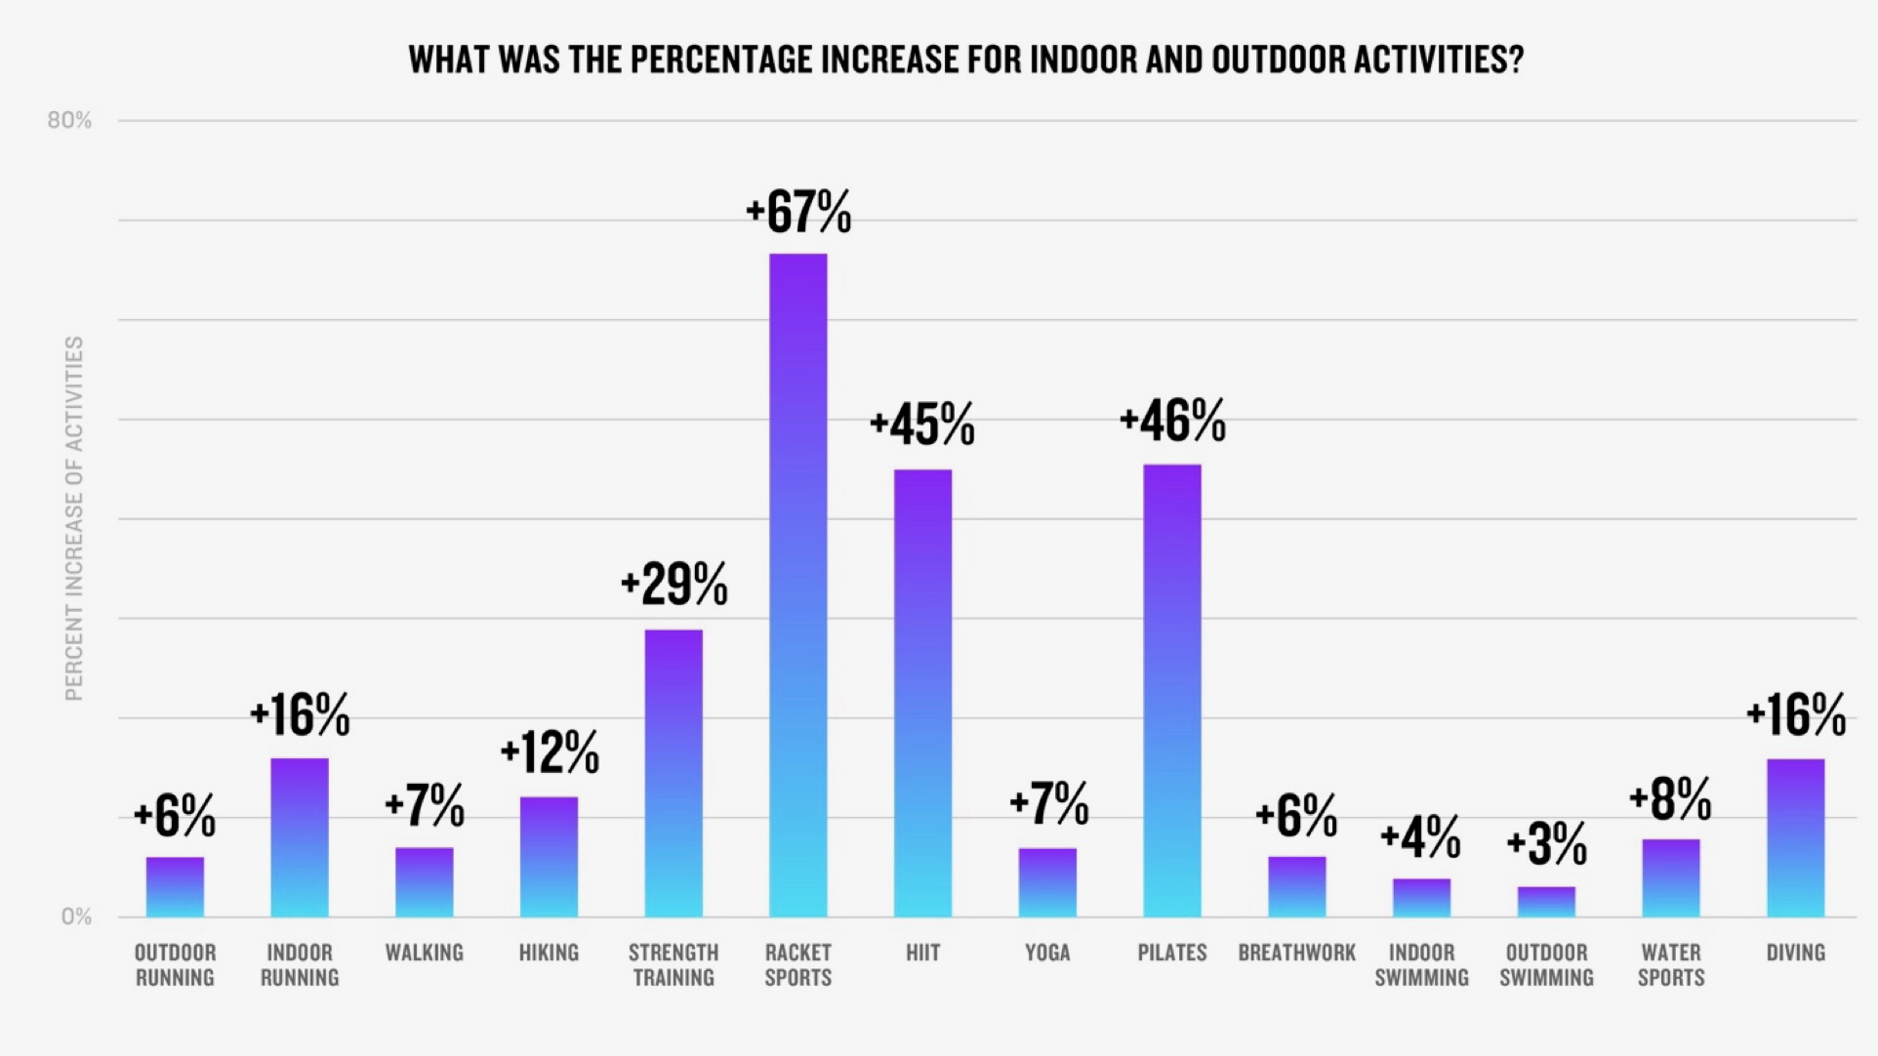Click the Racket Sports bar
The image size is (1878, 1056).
[x=797, y=586]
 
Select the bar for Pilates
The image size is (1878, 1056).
[x=1171, y=691]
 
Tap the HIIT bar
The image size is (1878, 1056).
[x=922, y=693]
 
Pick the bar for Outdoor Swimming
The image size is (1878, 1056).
[x=1546, y=902]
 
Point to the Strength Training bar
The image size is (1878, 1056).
[x=674, y=773]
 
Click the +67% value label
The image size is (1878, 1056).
[x=798, y=212]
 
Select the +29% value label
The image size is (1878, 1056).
[x=674, y=585]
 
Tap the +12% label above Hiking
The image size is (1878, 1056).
[x=550, y=752]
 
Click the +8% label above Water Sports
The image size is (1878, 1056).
[x=1670, y=799]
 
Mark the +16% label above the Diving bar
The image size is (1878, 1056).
[x=1795, y=715]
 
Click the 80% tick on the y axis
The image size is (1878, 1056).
[x=69, y=120]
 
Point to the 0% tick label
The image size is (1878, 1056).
[x=76, y=916]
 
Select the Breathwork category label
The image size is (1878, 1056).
[x=1296, y=953]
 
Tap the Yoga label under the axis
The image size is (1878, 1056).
[x=1047, y=953]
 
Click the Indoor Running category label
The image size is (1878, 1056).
[x=300, y=964]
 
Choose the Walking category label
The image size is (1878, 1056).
[x=424, y=953]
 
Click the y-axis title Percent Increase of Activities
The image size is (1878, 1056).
[x=74, y=518]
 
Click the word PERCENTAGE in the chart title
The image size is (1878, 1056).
[x=719, y=61]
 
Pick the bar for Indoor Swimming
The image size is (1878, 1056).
[x=1421, y=898]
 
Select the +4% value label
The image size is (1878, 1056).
[x=1420, y=837]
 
